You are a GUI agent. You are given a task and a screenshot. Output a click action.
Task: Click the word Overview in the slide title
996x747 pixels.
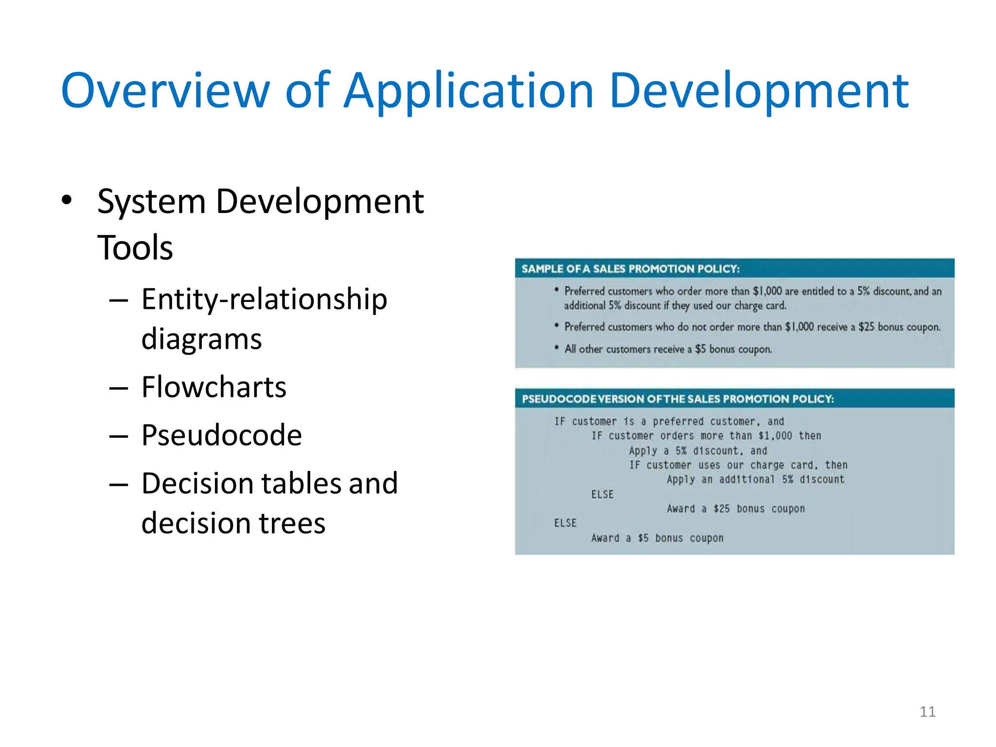(x=165, y=90)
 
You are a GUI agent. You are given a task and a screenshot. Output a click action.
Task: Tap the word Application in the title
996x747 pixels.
(x=468, y=90)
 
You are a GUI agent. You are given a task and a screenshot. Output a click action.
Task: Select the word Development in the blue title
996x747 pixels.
(x=759, y=90)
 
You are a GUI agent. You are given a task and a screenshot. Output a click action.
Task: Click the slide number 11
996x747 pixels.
(x=927, y=711)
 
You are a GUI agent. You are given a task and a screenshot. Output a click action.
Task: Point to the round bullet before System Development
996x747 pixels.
(x=67, y=200)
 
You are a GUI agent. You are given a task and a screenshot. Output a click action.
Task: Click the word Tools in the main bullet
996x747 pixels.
(x=135, y=248)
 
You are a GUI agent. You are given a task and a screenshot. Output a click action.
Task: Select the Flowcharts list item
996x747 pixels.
(x=214, y=387)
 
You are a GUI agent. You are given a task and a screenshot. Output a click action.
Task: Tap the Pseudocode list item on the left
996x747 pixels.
(x=221, y=435)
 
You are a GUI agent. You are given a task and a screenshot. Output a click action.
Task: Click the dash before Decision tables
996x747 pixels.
(x=118, y=484)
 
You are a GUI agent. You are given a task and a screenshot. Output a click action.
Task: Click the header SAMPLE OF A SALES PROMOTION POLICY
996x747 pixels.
(x=630, y=269)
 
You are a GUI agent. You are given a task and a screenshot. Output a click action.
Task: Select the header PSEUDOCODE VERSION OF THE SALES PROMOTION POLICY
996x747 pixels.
(x=677, y=399)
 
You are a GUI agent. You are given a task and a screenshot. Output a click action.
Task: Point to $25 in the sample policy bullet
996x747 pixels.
(x=866, y=327)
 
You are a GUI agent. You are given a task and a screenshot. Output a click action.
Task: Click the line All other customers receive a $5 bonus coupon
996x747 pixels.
(x=668, y=349)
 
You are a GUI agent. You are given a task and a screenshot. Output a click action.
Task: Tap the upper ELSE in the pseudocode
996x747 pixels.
(x=603, y=495)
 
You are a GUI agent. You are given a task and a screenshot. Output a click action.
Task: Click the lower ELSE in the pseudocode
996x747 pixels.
(x=565, y=523)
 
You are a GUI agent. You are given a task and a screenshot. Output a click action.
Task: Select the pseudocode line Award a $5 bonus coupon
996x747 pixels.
(x=657, y=538)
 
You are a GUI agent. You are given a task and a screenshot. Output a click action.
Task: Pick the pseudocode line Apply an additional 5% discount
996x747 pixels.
(x=755, y=480)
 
